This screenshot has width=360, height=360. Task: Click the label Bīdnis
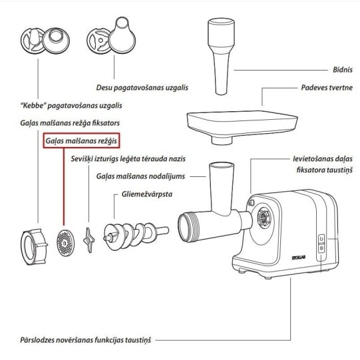coord(343,70)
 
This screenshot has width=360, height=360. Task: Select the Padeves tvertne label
coord(327,87)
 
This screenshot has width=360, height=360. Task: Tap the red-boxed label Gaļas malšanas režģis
coord(81,140)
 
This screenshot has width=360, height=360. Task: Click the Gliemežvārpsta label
coord(146,194)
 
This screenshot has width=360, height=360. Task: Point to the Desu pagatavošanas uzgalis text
coord(142,87)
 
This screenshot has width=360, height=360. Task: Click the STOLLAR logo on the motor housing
coord(299,258)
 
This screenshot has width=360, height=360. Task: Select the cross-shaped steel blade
coord(89,240)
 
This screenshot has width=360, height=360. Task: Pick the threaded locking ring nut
coord(34,247)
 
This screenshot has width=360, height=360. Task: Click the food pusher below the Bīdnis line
coord(221,57)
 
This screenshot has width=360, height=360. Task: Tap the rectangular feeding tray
coord(242,127)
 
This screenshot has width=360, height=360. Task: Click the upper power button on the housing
coord(321,239)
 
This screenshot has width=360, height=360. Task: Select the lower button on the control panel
coord(321,248)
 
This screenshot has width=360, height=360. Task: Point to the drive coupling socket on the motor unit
coord(264,216)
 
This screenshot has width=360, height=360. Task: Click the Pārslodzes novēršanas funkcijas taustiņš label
coord(85,340)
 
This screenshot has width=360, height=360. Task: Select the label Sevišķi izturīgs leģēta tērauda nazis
coord(128,159)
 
